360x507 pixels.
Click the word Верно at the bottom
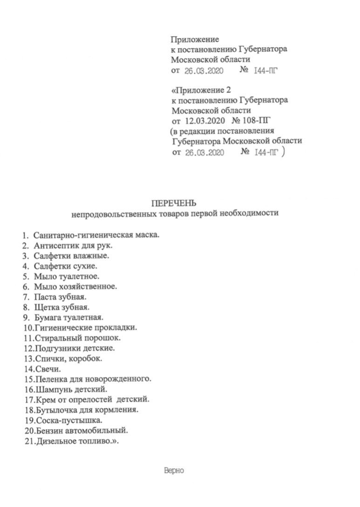tap(175, 471)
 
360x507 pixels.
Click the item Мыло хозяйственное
tap(75, 286)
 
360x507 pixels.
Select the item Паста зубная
tap(61, 297)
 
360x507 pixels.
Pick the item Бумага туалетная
tap(68, 318)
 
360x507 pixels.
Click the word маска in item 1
tap(147, 234)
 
